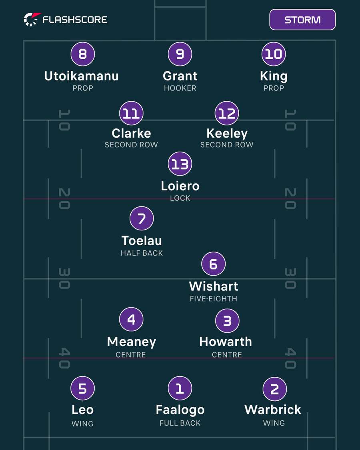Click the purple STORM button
[302, 20]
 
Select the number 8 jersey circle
[83, 54]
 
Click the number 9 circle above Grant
[180, 54]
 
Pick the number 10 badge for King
[274, 54]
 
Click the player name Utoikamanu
[82, 76]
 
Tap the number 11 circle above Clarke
[131, 113]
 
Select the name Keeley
[227, 134]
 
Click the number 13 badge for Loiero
[180, 164]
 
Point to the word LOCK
[180, 198]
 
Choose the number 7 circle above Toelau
[142, 218]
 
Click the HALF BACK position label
[142, 253]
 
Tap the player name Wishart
[214, 286]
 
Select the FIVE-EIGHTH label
[214, 299]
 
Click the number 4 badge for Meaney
[131, 320]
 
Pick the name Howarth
[226, 342]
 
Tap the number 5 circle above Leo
[83, 388]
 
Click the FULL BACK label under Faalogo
[180, 423]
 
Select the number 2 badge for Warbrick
[275, 389]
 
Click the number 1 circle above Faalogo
[180, 388]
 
